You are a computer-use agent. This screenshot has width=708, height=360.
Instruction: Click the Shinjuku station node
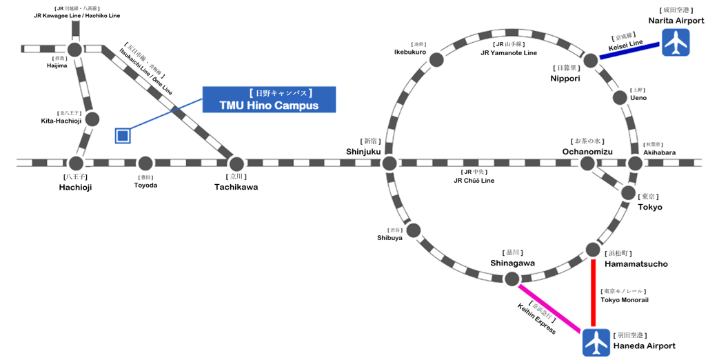tap(390, 163)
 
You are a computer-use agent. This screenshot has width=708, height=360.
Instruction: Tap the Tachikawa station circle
tap(236, 163)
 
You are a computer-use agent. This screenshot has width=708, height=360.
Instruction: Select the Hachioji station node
tap(76, 163)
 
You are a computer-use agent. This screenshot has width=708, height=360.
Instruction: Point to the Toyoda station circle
tap(145, 163)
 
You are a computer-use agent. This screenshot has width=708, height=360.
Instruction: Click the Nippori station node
tap(591, 60)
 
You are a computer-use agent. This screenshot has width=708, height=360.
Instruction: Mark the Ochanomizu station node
tap(587, 163)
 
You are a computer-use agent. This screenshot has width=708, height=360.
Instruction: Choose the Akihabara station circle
tap(635, 163)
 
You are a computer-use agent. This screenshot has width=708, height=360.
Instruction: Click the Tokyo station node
tap(628, 192)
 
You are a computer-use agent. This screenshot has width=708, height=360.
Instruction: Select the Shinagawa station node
tap(512, 278)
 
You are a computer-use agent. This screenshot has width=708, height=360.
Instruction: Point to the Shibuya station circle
tap(414, 230)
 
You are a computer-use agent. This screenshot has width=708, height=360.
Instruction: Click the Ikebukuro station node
tap(436, 60)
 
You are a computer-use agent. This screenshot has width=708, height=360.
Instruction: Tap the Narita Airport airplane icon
tap(674, 45)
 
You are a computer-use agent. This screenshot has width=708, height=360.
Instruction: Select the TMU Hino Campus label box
tap(270, 99)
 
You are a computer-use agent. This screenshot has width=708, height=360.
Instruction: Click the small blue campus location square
tap(123, 135)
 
